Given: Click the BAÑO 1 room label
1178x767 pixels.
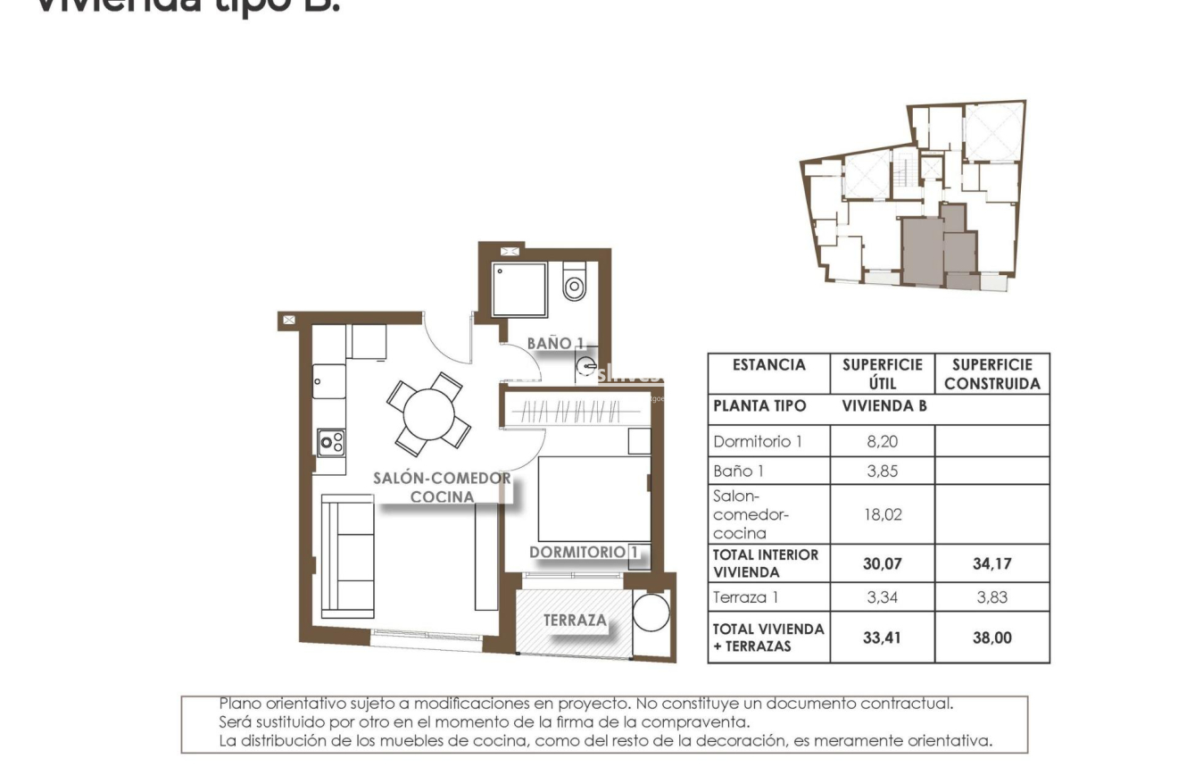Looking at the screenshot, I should point(555,343).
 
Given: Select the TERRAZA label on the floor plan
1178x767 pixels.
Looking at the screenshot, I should point(575,620).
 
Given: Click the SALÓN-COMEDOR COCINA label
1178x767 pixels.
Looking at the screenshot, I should point(442,488).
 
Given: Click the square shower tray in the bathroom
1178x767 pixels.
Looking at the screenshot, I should point(518,289).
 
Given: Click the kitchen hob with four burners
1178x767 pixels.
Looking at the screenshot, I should point(332,442).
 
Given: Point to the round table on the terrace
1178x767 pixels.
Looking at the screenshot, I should point(651,613).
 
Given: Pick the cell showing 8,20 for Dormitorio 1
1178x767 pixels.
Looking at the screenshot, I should point(882,441).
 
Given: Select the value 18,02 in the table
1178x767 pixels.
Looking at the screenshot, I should point(882,514).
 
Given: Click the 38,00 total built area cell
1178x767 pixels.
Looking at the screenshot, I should point(991,638).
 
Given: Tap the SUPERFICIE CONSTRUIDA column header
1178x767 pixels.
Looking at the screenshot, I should point(991,374).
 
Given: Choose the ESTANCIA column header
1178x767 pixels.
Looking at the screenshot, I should point(768,365).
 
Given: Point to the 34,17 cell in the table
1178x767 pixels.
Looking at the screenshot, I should point(991,563).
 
